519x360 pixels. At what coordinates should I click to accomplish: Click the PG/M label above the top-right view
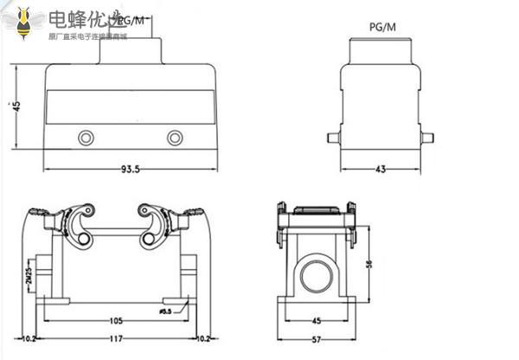[x=381, y=27]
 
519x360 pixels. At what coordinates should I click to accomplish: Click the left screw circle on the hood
[x=86, y=138]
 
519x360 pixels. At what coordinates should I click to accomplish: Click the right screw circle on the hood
[x=176, y=138]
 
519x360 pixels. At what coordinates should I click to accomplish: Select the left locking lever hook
[x=80, y=227]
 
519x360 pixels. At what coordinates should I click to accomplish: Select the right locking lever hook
[x=151, y=227]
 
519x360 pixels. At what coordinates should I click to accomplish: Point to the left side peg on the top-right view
[x=331, y=137]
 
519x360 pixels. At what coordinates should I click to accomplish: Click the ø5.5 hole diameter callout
[x=167, y=310]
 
